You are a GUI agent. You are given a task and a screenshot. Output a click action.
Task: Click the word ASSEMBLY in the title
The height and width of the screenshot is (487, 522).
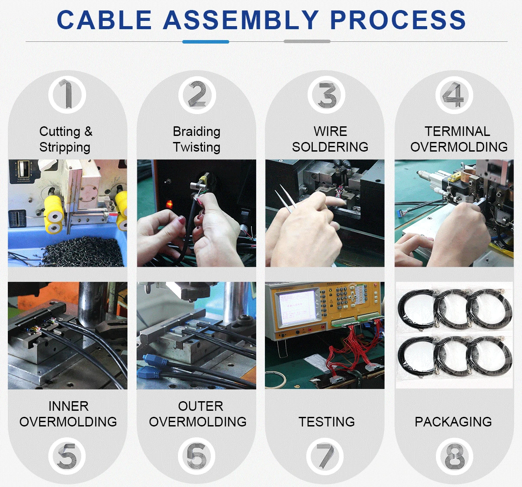(x=241, y=20)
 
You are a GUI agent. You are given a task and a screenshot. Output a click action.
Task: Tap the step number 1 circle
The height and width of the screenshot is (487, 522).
(x=67, y=95)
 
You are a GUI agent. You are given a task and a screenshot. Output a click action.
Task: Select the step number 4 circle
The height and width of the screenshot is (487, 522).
(x=454, y=95)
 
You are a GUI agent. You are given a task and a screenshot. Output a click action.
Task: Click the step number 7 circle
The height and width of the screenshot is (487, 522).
(x=325, y=457)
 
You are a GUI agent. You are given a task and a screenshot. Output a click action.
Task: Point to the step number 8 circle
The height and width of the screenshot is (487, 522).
(x=455, y=457)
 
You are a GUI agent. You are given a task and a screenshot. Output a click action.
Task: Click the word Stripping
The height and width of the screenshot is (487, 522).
(x=65, y=147)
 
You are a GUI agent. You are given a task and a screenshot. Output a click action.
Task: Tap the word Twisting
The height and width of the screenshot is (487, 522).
(x=197, y=147)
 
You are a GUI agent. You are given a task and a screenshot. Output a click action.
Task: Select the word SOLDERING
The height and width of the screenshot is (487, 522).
(x=330, y=147)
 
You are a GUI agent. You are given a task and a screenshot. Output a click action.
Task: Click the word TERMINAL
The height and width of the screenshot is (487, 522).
(x=457, y=132)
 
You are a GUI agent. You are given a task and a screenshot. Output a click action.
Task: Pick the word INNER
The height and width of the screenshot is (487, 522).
(x=68, y=406)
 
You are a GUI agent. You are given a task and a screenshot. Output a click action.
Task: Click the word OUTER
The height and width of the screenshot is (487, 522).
(x=201, y=406)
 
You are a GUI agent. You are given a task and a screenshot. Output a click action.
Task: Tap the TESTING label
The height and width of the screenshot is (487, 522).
(x=327, y=422)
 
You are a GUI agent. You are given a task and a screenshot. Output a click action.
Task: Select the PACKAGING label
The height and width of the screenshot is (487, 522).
(x=453, y=422)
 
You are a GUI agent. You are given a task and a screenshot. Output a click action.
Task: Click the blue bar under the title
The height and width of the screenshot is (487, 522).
(x=206, y=41)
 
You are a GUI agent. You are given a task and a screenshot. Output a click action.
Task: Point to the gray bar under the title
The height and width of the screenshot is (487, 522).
(x=307, y=41)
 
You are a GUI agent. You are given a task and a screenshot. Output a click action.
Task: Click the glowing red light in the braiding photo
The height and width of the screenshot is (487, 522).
(x=170, y=203)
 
